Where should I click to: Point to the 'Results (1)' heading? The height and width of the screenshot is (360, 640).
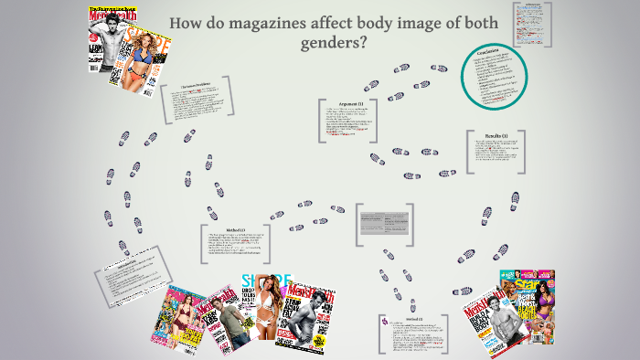pos(499,133)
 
